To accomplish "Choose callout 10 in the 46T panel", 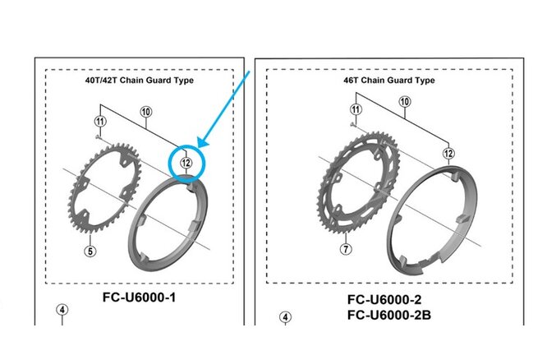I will tap(404, 102).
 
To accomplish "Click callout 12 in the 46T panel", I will tap(448, 153).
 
